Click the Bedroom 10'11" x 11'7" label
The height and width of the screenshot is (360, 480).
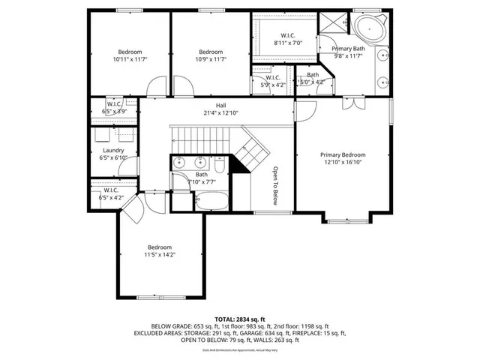pyautogui.click(x=127, y=55)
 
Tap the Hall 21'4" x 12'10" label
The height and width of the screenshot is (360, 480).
pyautogui.click(x=220, y=109)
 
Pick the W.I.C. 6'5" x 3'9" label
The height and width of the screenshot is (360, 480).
pyautogui.click(x=114, y=107)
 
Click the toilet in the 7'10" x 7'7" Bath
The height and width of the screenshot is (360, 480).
pyautogui.click(x=219, y=163)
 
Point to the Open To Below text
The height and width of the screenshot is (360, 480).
pyautogui.click(x=275, y=185)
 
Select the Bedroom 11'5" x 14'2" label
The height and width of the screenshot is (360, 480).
pyautogui.click(x=159, y=251)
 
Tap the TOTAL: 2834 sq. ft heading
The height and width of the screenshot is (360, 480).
pyautogui.click(x=240, y=318)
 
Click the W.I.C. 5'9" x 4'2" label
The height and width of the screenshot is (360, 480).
pyautogui.click(x=273, y=80)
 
